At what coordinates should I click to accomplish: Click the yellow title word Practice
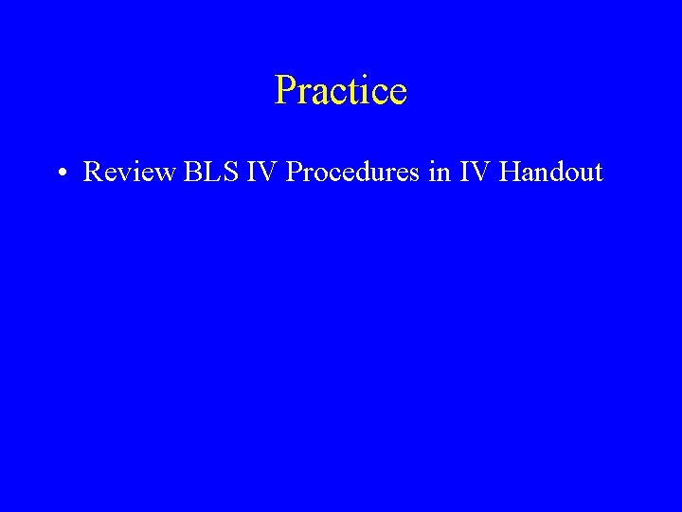[341, 91]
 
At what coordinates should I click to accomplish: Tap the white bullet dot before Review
[60, 174]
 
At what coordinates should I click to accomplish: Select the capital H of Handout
[510, 173]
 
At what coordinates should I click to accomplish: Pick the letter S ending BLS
[221, 173]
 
